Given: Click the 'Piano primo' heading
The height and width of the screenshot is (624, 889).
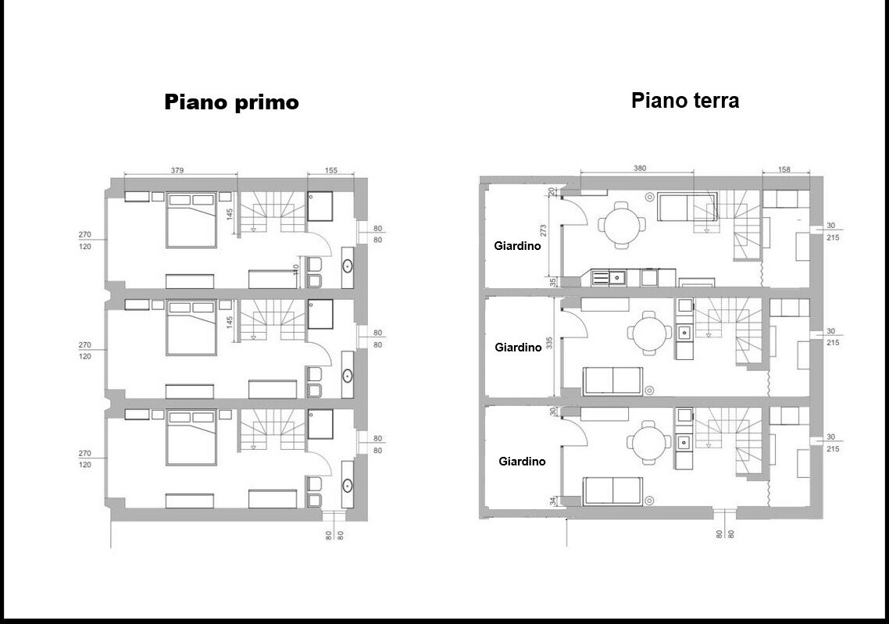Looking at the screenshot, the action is coord(231,102).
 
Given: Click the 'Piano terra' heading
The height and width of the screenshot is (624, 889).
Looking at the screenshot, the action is coord(685,100).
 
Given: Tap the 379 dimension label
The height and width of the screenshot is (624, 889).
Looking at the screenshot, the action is coord(177,170).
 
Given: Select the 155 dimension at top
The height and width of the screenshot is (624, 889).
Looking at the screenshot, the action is coord(331,170).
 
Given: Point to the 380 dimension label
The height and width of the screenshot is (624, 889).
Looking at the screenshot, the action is coord(640,169).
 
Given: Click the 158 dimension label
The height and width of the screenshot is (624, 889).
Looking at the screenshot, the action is coord(784,169).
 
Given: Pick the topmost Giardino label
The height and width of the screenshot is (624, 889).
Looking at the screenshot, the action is coord(517,246).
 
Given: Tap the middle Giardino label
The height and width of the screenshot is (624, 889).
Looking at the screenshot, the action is coord(518,348).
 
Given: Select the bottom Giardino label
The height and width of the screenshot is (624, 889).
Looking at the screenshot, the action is coord(522,462).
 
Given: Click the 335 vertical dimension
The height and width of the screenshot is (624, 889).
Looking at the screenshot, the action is coord(549,343).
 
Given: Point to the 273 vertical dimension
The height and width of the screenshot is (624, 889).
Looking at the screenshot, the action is coord(544,230).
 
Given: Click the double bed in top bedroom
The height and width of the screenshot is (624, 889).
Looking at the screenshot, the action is coord(191,219).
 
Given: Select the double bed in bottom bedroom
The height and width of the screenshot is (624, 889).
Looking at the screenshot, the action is coord(191,437).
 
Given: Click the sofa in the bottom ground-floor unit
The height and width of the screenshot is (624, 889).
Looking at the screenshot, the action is coord(612,490).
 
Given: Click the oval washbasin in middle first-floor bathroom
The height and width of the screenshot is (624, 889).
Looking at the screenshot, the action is coord(347,375).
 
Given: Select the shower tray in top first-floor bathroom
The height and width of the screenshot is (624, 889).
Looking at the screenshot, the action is coord(320,205).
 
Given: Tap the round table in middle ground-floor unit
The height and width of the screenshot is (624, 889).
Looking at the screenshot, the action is coord(649,332).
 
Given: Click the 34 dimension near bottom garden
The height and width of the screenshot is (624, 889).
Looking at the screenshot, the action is coord(553,501).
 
